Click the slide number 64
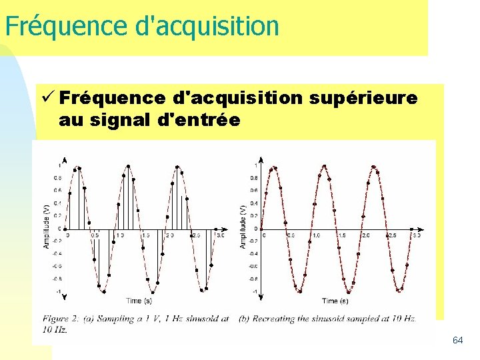(x=457, y=340)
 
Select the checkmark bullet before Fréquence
(x=47, y=98)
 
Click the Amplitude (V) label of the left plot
(x=46, y=227)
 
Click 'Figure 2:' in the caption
(x=61, y=319)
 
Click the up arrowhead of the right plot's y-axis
(x=261, y=159)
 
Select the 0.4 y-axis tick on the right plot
(x=254, y=203)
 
